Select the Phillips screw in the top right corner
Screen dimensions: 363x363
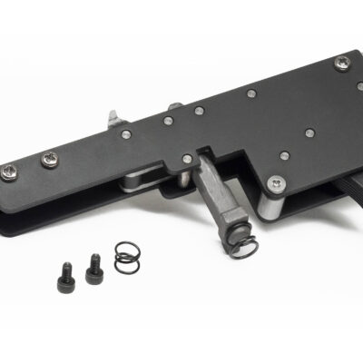click(342, 63)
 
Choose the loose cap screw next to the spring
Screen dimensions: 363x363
click(93, 265)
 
